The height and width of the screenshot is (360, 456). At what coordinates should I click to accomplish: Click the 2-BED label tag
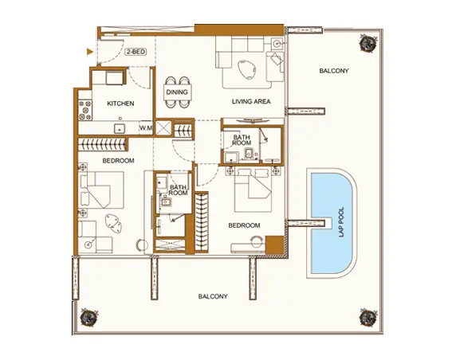point(136,52)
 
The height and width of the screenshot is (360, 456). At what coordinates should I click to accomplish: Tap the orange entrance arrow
point(90,52)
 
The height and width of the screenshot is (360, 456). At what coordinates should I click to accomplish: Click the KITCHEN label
point(120,104)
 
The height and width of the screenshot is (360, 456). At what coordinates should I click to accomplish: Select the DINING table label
point(177,92)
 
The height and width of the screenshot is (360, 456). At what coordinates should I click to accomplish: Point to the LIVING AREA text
point(251,101)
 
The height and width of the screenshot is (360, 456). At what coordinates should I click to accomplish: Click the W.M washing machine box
point(146,128)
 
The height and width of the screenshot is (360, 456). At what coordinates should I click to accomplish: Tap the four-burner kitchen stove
point(85,110)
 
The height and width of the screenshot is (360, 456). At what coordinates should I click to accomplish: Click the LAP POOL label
point(341,222)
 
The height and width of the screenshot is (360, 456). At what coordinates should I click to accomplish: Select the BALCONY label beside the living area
point(334,71)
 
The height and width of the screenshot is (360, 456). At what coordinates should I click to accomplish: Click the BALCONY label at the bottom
point(213,296)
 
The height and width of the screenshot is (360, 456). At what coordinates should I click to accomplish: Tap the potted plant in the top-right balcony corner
point(368,43)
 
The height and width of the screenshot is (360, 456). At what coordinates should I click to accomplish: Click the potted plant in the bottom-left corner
point(89,317)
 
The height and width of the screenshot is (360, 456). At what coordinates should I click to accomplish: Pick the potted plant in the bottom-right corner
point(368,317)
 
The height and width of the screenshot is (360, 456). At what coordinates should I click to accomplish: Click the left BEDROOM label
point(118,161)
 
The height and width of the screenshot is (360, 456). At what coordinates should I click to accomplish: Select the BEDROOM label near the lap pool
point(244,225)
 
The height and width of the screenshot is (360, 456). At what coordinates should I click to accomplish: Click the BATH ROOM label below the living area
point(242,139)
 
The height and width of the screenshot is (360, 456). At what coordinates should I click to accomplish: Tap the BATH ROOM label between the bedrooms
point(178,190)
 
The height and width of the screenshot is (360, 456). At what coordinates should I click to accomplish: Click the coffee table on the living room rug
point(247,70)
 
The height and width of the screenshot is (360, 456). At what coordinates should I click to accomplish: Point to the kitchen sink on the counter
point(120,128)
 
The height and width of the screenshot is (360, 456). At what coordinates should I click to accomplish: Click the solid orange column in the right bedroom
point(274,245)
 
